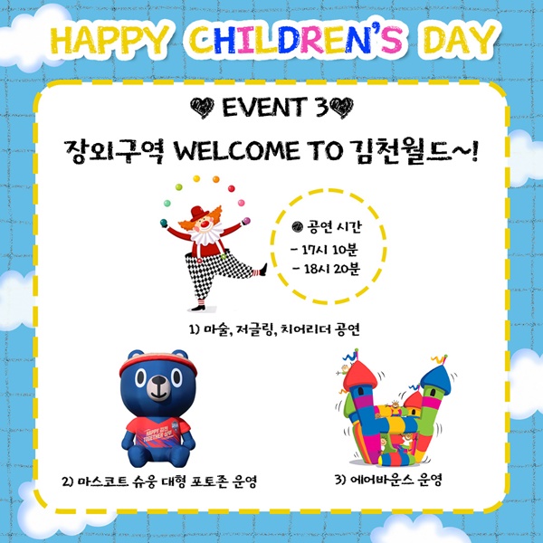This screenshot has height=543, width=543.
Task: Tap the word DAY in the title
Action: tap(460, 39)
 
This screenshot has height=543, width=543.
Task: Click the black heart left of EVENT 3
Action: tap(203, 108)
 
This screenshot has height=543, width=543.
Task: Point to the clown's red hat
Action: tap(199, 213)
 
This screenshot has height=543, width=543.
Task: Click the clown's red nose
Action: tap(205, 224)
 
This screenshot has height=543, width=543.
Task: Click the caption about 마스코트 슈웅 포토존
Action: tap(159, 481)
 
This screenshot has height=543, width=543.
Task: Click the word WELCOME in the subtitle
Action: tap(236, 151)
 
